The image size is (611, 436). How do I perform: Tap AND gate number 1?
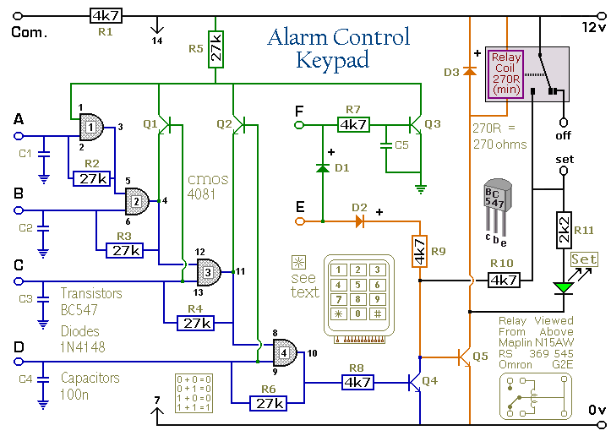pos(90,128)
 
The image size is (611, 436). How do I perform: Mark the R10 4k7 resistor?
pos(503,279)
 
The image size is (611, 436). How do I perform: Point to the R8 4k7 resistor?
pos(357,381)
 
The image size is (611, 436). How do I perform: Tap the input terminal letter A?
pos(19,121)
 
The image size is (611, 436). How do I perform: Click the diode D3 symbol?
pos(469,72)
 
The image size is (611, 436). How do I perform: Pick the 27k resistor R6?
pos(270,403)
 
